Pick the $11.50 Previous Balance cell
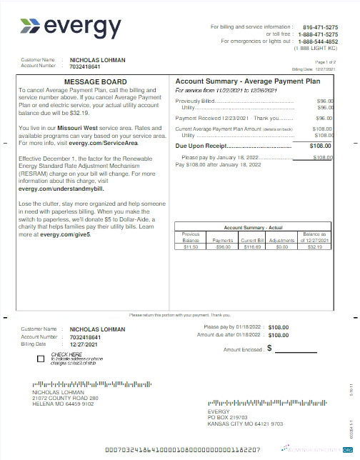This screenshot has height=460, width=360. coord(191,246)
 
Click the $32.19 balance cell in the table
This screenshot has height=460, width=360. coord(315,246)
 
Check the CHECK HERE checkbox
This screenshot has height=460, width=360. coord(41,358)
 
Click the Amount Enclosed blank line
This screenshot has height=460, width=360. coord(296,350)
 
